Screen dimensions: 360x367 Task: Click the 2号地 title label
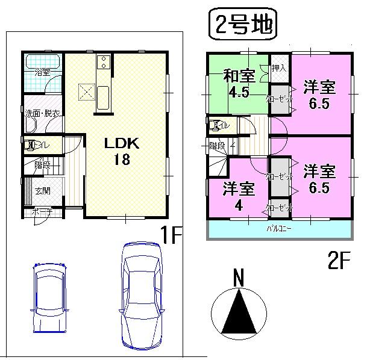coord(242,26)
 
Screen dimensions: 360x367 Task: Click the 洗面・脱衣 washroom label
coord(42,113)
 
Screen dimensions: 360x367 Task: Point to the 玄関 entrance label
coord(42,191)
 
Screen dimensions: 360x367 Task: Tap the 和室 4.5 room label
coord(239,84)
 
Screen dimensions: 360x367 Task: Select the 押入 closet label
coord(278,67)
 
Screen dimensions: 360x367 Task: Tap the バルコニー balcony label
coord(280,229)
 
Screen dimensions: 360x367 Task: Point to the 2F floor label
coord(339,261)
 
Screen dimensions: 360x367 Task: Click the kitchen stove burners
coord(102,61)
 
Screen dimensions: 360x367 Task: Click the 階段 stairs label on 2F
coord(217,145)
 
